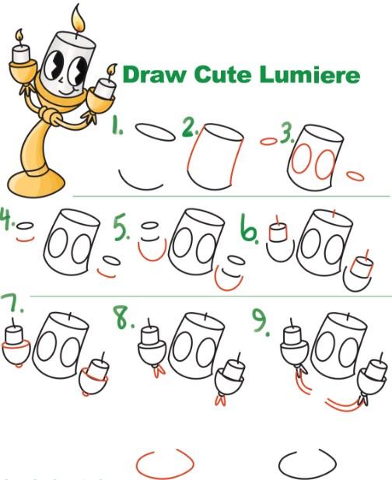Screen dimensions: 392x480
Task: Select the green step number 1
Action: [x=117, y=124]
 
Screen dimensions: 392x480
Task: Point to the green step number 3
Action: [x=287, y=135]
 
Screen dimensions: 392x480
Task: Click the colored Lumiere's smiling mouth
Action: [x=67, y=91]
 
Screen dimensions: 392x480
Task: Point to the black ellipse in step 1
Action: [x=156, y=132]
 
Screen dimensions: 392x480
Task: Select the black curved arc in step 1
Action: [x=139, y=184]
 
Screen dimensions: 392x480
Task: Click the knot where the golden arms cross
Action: [x=51, y=115]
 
